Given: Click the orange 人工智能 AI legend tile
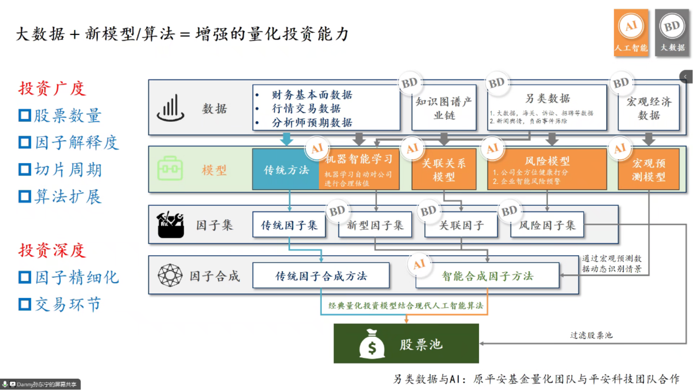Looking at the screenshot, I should (631, 33).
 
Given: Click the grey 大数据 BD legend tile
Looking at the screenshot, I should (672, 33).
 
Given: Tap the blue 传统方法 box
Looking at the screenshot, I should (286, 170).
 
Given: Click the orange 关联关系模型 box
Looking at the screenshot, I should (444, 170).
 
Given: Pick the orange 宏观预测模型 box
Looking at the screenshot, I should (649, 170).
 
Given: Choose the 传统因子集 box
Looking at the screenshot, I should (289, 225).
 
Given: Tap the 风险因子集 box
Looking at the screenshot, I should (547, 225).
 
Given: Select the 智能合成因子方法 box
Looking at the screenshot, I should (487, 276).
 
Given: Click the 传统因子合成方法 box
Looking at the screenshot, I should (321, 276).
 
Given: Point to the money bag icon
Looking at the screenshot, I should (372, 344).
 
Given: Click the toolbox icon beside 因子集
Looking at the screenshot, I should (171, 225).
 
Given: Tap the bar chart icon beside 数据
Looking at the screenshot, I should (171, 108).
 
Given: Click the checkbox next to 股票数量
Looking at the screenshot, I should (25, 116).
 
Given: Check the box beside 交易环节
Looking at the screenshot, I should (25, 304).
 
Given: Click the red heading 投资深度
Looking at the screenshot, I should (52, 250).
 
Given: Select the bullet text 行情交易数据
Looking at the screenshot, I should (306, 109).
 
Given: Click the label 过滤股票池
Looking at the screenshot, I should (591, 335).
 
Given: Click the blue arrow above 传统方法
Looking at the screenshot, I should (286, 139).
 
